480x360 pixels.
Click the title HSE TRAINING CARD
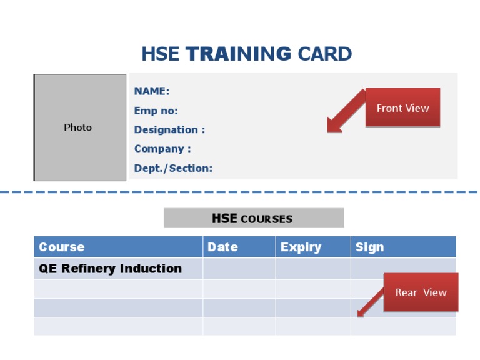[246, 54]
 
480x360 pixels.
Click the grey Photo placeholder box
[80, 127]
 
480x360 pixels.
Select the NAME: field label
[152, 91]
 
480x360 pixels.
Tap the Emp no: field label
[156, 111]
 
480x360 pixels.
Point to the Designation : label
[169, 130]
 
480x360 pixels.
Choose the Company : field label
[162, 149]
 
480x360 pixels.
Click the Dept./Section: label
[173, 168]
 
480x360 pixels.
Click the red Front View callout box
[402, 107]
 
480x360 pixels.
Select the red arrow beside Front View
[344, 113]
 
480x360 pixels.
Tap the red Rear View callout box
[421, 292]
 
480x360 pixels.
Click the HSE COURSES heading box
[254, 218]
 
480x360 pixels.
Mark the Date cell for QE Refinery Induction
[239, 269]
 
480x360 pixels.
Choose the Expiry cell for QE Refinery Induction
[312, 269]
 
